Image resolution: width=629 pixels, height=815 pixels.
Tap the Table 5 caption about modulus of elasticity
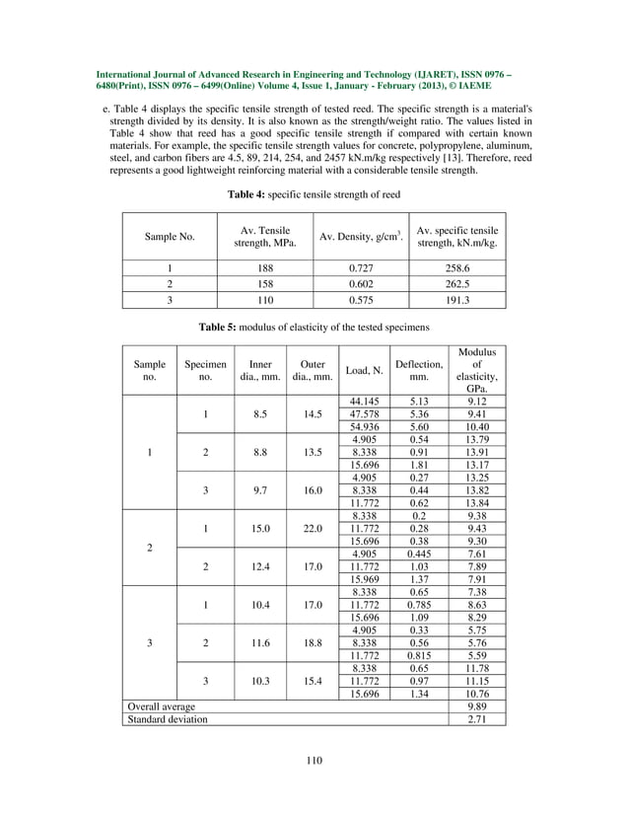coord(314,326)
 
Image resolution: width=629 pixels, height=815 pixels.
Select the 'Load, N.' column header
coord(364,371)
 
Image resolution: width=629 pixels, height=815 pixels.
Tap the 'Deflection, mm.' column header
coord(419,371)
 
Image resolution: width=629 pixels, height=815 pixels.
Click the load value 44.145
coord(364,402)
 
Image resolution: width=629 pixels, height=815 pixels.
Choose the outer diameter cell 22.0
coord(314,528)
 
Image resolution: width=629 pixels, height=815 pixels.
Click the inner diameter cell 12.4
coord(260,566)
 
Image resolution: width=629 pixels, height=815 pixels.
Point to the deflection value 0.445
coord(419,555)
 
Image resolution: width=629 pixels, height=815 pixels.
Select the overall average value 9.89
coord(476,706)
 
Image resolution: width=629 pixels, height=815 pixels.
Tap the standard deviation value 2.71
coord(476,719)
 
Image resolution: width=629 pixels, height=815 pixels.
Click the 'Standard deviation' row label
coord(163,719)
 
